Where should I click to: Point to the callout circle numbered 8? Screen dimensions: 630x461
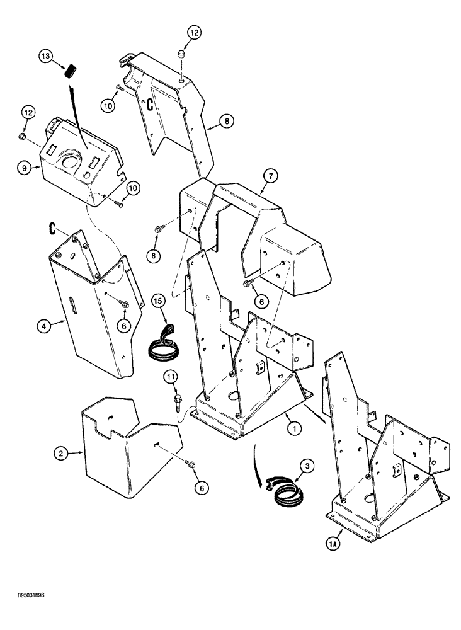tap(227, 120)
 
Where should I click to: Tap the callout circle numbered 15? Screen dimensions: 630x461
tap(157, 302)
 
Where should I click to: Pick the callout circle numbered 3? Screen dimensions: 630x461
tap(306, 466)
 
